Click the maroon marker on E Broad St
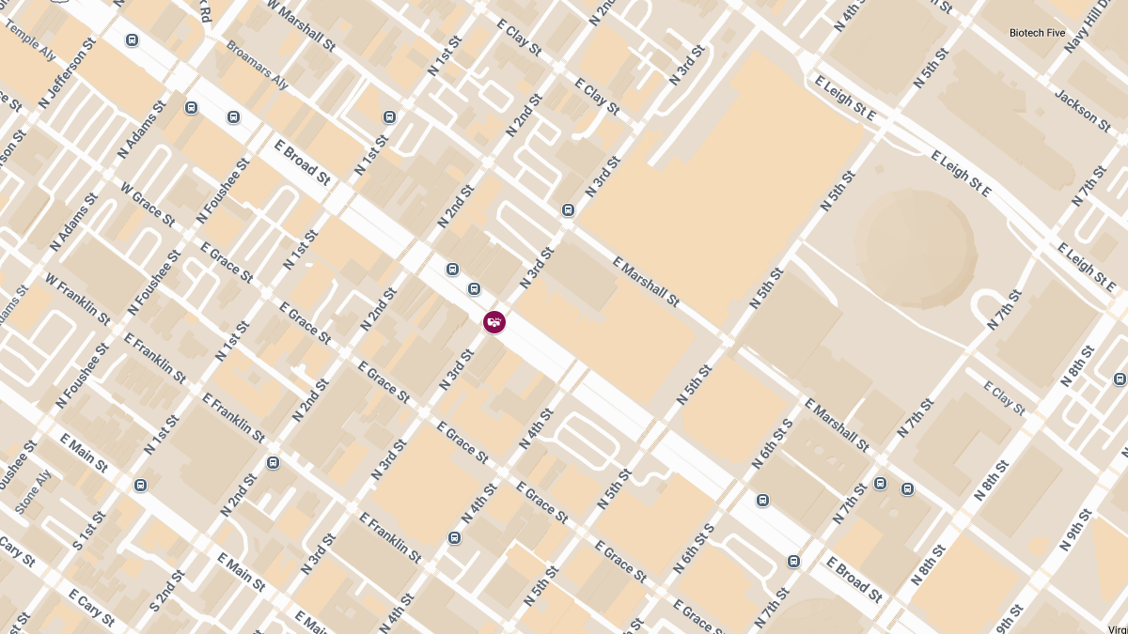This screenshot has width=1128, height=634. click(493, 322)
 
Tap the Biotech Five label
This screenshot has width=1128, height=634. click(1037, 33)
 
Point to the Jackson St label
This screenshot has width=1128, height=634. click(1082, 110)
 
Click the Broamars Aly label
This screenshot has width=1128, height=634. click(257, 64)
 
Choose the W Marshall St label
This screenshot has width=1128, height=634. click(300, 25)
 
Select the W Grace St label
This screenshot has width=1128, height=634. click(148, 203)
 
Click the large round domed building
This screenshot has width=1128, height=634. click(916, 247)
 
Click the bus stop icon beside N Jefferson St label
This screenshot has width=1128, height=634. click(132, 40)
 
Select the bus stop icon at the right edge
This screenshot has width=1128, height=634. click(1120, 379)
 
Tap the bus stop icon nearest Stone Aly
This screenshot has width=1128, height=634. click(140, 485)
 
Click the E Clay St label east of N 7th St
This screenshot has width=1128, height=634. click(1003, 398)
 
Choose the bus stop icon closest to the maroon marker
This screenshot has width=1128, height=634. click(474, 288)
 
